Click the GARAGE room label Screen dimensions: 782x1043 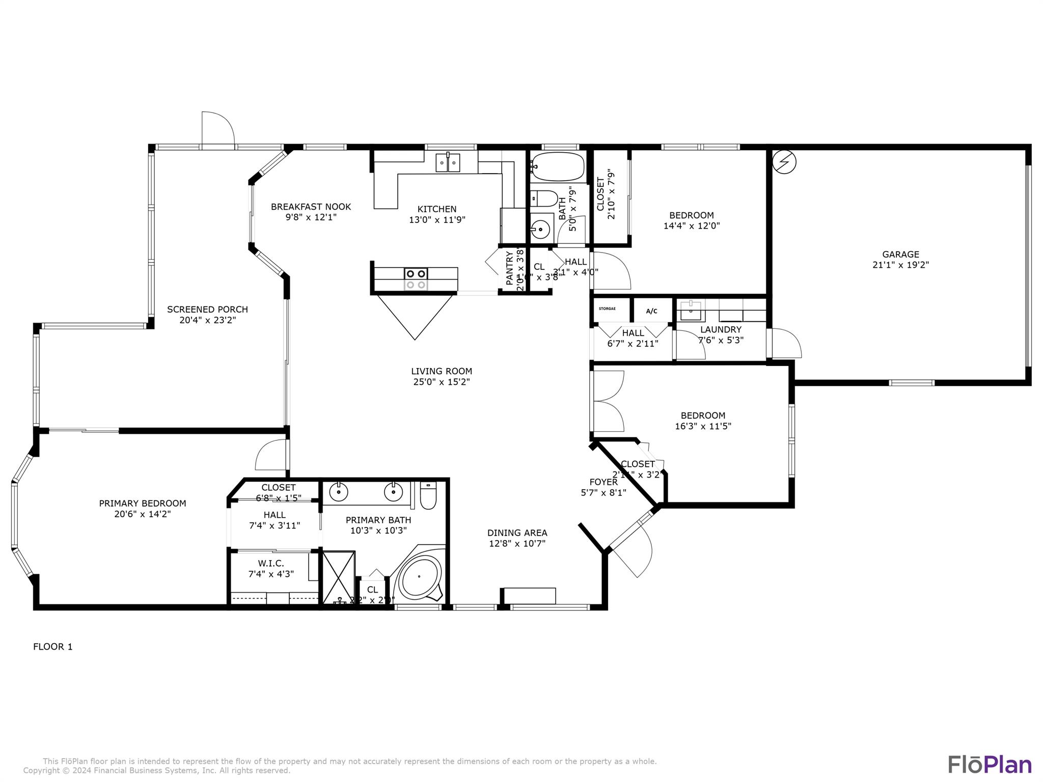pyautogui.click(x=900, y=254)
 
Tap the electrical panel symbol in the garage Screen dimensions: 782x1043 pyautogui.click(x=784, y=162)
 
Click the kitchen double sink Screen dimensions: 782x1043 pyautogui.click(x=448, y=163)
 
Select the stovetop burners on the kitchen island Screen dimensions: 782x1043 pyautogui.click(x=416, y=278)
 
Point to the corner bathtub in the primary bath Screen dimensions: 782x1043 pyautogui.click(x=419, y=577)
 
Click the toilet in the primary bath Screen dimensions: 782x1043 pyautogui.click(x=428, y=496)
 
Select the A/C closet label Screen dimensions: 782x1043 pyautogui.click(x=651, y=311)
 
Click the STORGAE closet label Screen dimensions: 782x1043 pyautogui.click(x=607, y=309)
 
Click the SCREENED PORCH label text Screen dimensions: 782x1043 pyautogui.click(x=207, y=309)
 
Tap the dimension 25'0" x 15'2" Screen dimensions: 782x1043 pyautogui.click(x=441, y=382)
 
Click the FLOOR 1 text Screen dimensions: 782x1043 pyautogui.click(x=53, y=647)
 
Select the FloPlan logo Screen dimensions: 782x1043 pyautogui.click(x=990, y=765)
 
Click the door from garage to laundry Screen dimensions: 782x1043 pyautogui.click(x=785, y=344)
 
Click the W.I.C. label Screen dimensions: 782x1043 pyautogui.click(x=270, y=563)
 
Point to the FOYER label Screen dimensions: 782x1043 pyautogui.click(x=603, y=482)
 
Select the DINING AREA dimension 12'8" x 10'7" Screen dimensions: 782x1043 pyautogui.click(x=517, y=543)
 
